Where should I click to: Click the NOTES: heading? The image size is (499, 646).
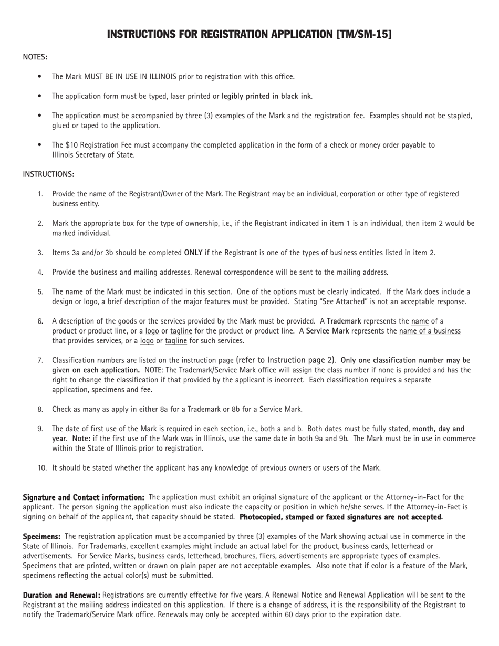pyautogui.click(x=35, y=57)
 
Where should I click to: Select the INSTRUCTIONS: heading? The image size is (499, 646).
pyautogui.click(x=48, y=174)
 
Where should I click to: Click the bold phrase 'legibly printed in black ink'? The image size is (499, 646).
pyautogui.click(x=266, y=96)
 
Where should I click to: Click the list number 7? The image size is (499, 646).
pyautogui.click(x=40, y=361)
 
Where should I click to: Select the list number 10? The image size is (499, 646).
pyautogui.click(x=42, y=468)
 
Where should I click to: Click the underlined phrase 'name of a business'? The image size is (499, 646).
pyautogui.click(x=430, y=331)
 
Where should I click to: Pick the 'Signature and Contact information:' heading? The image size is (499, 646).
pyautogui.click(x=84, y=497)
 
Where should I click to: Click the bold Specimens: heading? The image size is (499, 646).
pyautogui.click(x=42, y=537)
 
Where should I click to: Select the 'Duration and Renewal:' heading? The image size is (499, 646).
pyautogui.click(x=61, y=596)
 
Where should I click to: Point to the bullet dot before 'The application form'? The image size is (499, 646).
pyautogui.click(x=39, y=96)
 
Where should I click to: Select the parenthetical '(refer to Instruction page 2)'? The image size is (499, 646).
pyautogui.click(x=286, y=360)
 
